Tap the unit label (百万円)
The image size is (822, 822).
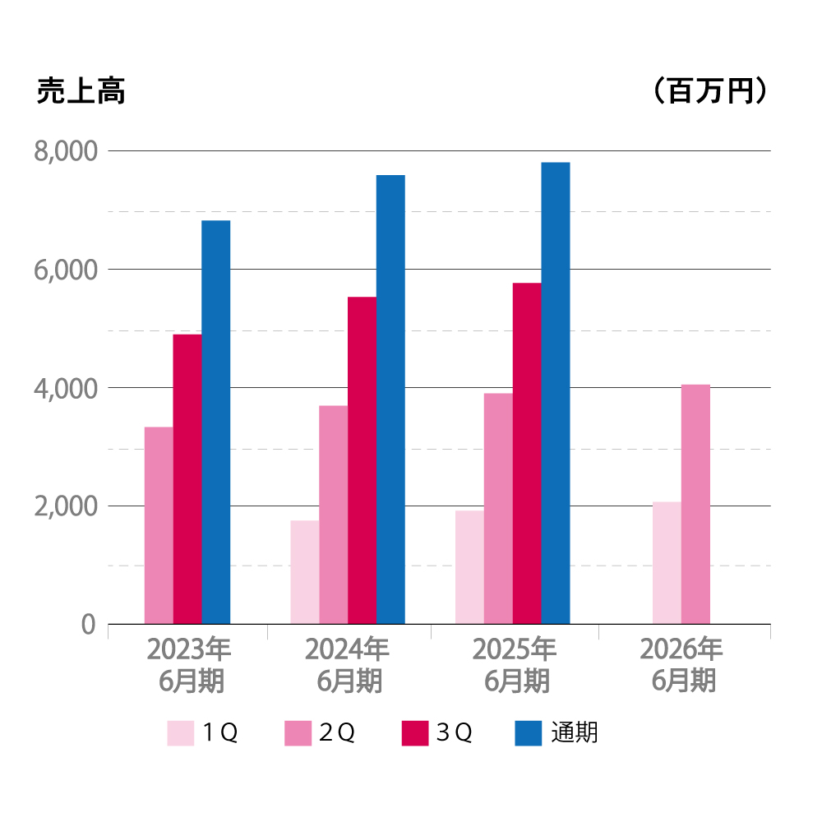point(710,91)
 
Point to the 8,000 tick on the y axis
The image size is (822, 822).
point(65,151)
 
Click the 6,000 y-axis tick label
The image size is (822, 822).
point(65,270)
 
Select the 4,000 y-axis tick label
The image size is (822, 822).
point(65,388)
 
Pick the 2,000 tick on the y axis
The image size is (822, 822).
point(65,506)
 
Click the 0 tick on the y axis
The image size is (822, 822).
point(89,625)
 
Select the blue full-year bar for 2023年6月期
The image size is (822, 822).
point(215,423)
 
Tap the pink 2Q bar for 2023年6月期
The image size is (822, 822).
point(159,525)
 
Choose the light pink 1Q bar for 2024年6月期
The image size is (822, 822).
point(305,572)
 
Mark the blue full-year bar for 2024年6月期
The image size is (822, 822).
point(390,399)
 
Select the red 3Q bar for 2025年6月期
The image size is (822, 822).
point(527,454)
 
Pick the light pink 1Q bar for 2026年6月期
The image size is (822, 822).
point(667,563)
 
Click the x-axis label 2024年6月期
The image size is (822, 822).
point(348,665)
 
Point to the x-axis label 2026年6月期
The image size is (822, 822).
point(682,665)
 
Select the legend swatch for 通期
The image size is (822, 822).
point(529,732)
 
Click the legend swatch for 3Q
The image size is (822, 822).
point(415,732)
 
